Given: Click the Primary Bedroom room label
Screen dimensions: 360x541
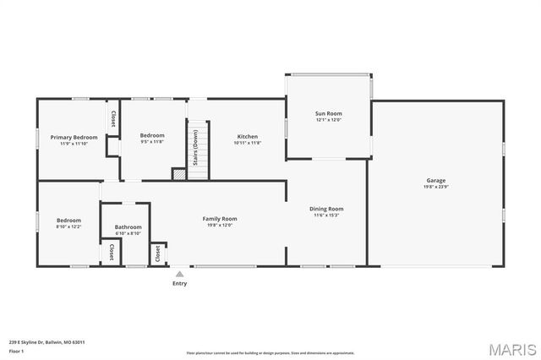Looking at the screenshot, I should tap(74, 137).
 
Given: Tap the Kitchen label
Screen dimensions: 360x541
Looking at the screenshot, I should tap(248, 136).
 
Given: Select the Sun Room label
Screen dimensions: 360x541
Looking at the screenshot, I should tap(329, 113).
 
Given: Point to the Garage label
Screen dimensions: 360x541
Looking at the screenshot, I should tap(436, 181).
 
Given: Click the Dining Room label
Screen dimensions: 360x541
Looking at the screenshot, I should tap(329, 209).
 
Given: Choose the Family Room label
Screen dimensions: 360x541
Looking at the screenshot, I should tap(219, 219).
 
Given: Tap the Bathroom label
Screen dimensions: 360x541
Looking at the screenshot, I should tap(128, 226).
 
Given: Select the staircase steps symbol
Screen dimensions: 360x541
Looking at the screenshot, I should tap(198, 153).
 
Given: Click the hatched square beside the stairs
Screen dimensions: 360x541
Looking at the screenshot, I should tap(179, 173).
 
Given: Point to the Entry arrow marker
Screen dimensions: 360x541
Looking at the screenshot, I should tap(179, 274).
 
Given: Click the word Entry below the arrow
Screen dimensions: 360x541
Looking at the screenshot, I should tap(179, 283).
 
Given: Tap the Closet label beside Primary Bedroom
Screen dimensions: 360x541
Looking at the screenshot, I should tap(112, 119).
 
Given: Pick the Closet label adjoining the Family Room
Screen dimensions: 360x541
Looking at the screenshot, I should tap(157, 252).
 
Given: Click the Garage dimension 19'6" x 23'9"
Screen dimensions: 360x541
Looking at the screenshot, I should tap(436, 188).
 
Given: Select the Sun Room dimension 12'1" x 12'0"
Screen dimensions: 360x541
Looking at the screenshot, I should tap(329, 120).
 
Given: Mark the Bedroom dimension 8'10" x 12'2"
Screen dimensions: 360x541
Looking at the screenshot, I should tap(68, 226).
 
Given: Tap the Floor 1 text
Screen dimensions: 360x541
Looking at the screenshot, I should tap(16, 350).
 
